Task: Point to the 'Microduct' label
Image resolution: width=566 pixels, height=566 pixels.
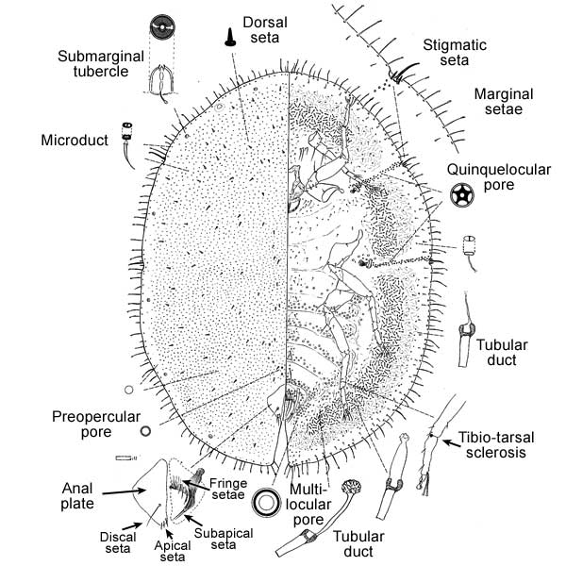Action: click(72, 141)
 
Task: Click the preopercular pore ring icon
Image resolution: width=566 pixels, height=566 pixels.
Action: click(145, 431)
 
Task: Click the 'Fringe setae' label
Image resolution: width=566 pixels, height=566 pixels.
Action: click(229, 490)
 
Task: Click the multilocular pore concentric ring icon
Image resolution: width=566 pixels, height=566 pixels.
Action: click(267, 504)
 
